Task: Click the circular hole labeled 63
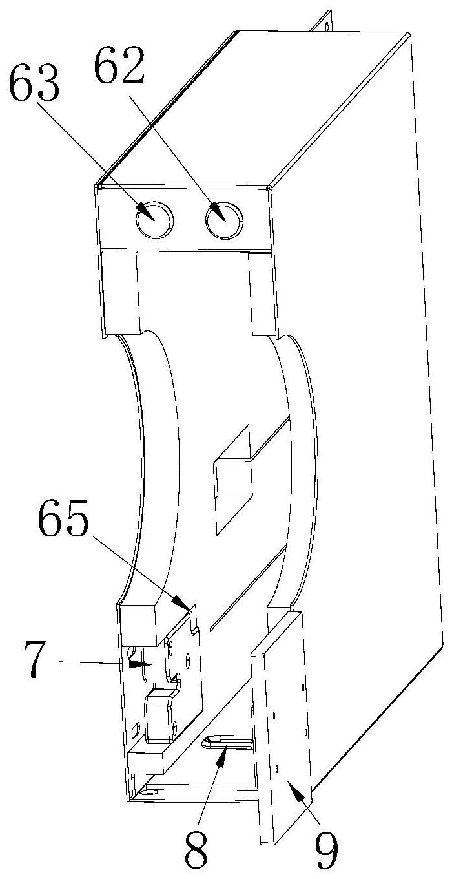click(155, 220)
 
